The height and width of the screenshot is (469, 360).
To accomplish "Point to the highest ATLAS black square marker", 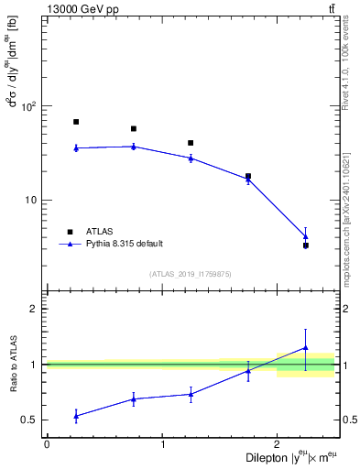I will coord(76,122).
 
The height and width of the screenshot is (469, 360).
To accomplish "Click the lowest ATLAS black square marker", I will coord(305,245).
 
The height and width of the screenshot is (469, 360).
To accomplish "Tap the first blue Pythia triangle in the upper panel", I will coord(76,147).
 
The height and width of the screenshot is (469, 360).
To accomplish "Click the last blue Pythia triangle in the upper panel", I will coord(305,236).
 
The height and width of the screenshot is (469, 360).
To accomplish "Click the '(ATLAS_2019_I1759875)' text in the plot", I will coord(191,274).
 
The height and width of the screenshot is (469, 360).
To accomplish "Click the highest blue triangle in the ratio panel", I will coord(305,348).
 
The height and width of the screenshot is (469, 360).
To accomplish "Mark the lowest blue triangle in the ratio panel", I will coord(76,415).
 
